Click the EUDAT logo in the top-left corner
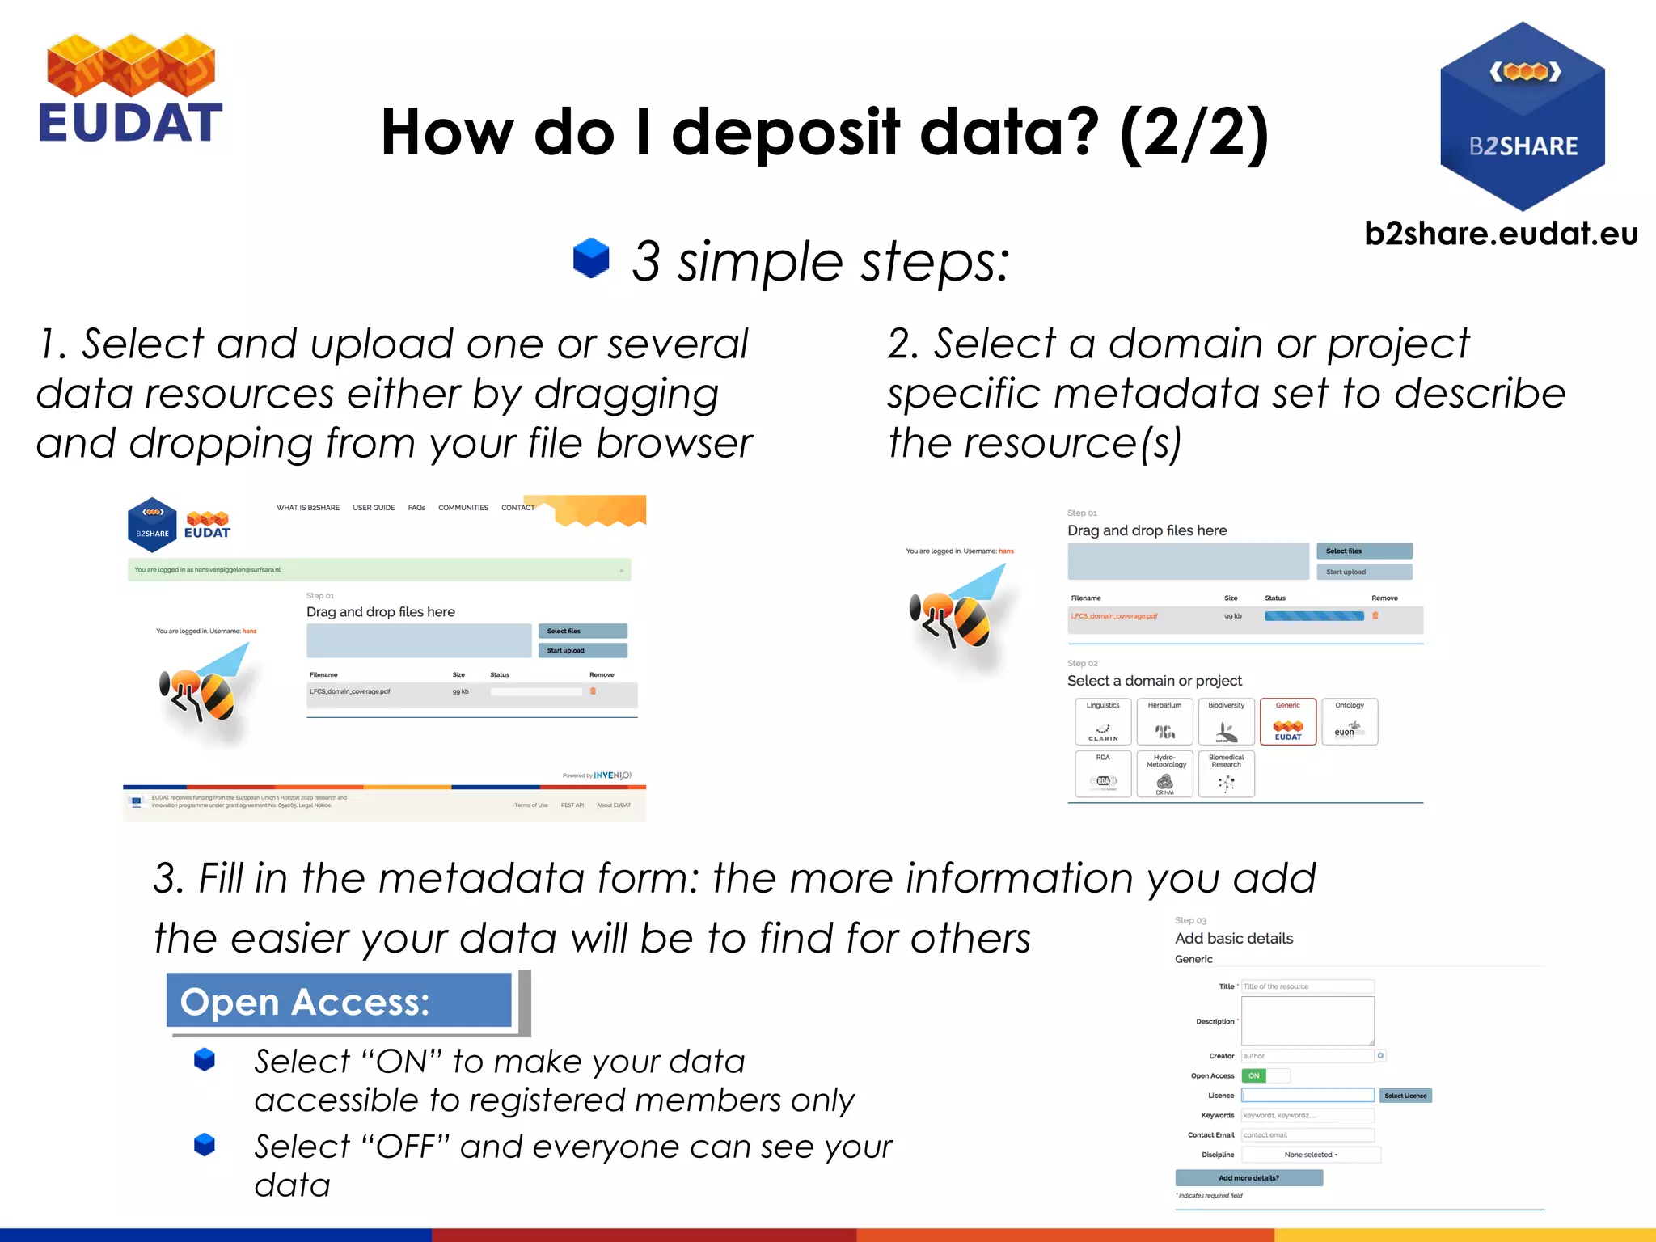pyautogui.click(x=130, y=89)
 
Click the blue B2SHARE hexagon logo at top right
pyautogui.click(x=1523, y=116)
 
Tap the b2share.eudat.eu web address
pyautogui.click(x=1501, y=234)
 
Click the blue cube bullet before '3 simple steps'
pyautogui.click(x=591, y=258)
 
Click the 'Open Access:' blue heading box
pyautogui.click(x=339, y=1001)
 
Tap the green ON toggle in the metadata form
pyautogui.click(x=1254, y=1075)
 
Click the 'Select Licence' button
pyautogui.click(x=1405, y=1096)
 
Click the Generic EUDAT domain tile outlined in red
pyautogui.click(x=1288, y=721)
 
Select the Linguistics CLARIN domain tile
pyautogui.click(x=1103, y=721)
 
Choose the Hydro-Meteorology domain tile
pyautogui.click(x=1164, y=774)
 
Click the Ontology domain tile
pyautogui.click(x=1350, y=721)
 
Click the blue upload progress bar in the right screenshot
pyautogui.click(x=1314, y=616)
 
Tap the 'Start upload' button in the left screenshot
pyautogui.click(x=582, y=650)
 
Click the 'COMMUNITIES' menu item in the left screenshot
pyautogui.click(x=463, y=508)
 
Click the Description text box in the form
pyautogui.click(x=1307, y=1020)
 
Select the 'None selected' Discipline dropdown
pyautogui.click(x=1311, y=1155)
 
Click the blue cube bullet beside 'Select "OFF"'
pyautogui.click(x=205, y=1144)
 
